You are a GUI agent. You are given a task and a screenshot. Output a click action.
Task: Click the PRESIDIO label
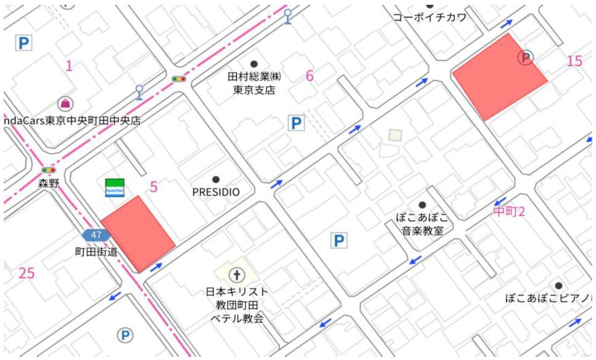coord(216,192)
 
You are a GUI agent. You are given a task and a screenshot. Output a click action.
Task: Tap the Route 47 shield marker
coord(96,235)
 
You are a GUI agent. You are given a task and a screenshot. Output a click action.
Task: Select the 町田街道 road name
coord(96,251)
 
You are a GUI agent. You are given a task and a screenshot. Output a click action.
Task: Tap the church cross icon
coord(236,276)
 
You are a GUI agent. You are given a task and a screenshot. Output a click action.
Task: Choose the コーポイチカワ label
coord(429,17)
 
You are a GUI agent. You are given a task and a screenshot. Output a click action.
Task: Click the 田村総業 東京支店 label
coord(254,84)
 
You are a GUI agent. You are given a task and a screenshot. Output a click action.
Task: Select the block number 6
coord(310,76)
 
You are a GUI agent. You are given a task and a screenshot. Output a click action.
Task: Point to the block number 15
coord(575,61)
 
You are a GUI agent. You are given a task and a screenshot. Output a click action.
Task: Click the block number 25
coord(26,273)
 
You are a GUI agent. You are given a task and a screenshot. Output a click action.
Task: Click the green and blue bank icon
coord(114,187)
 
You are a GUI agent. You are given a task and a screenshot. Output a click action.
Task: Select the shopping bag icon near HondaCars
coord(66,103)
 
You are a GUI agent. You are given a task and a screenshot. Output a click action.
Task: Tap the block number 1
coord(69,66)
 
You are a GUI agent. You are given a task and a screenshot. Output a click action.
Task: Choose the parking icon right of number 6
coord(296,123)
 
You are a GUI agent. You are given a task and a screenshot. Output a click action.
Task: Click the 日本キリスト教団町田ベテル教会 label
coord(236,305)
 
